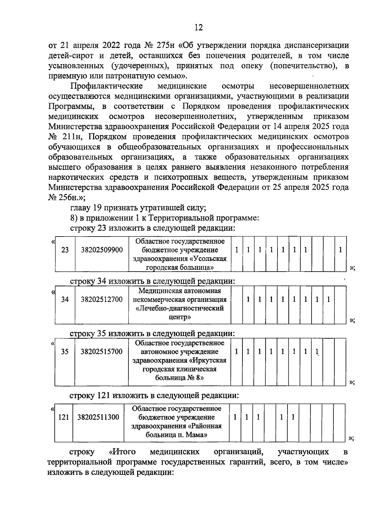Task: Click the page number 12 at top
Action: pos(198,28)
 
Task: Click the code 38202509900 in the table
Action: pos(102,250)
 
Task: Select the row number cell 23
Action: pos(65,250)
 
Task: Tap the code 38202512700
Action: pos(102,300)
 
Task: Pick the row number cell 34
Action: pos(65,300)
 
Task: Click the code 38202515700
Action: pos(102,352)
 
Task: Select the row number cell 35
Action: pos(65,352)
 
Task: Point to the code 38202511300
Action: pos(98,417)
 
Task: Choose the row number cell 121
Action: pos(63,417)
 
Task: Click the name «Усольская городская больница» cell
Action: pos(180,254)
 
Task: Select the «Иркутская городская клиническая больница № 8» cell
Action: pos(180,360)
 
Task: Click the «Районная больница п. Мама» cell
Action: pos(177,421)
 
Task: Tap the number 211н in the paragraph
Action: pos(72,137)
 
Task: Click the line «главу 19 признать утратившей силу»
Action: pos(137,208)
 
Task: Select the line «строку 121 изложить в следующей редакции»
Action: pos(154,396)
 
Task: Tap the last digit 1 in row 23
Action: pos(340,250)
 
